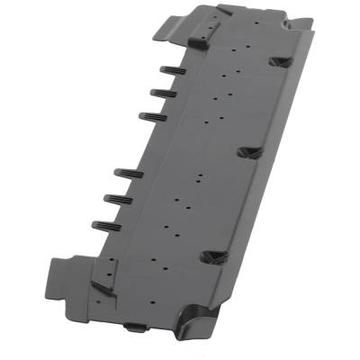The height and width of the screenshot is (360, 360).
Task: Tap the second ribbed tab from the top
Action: pyautogui.click(x=163, y=92)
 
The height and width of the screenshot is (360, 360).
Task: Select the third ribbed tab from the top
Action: pyautogui.click(x=151, y=115)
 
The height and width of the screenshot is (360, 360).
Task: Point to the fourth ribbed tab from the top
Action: pyautogui.click(x=128, y=173)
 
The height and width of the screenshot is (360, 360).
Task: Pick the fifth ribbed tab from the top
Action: pyautogui.click(x=117, y=198)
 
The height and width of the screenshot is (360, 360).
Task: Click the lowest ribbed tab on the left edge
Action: pyautogui.click(x=105, y=224)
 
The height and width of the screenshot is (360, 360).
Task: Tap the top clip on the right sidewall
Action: pyautogui.click(x=280, y=62)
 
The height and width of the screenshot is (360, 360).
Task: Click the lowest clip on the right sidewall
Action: pyautogui.click(x=213, y=257)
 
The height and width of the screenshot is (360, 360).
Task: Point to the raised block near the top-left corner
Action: pyautogui.click(x=200, y=38)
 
